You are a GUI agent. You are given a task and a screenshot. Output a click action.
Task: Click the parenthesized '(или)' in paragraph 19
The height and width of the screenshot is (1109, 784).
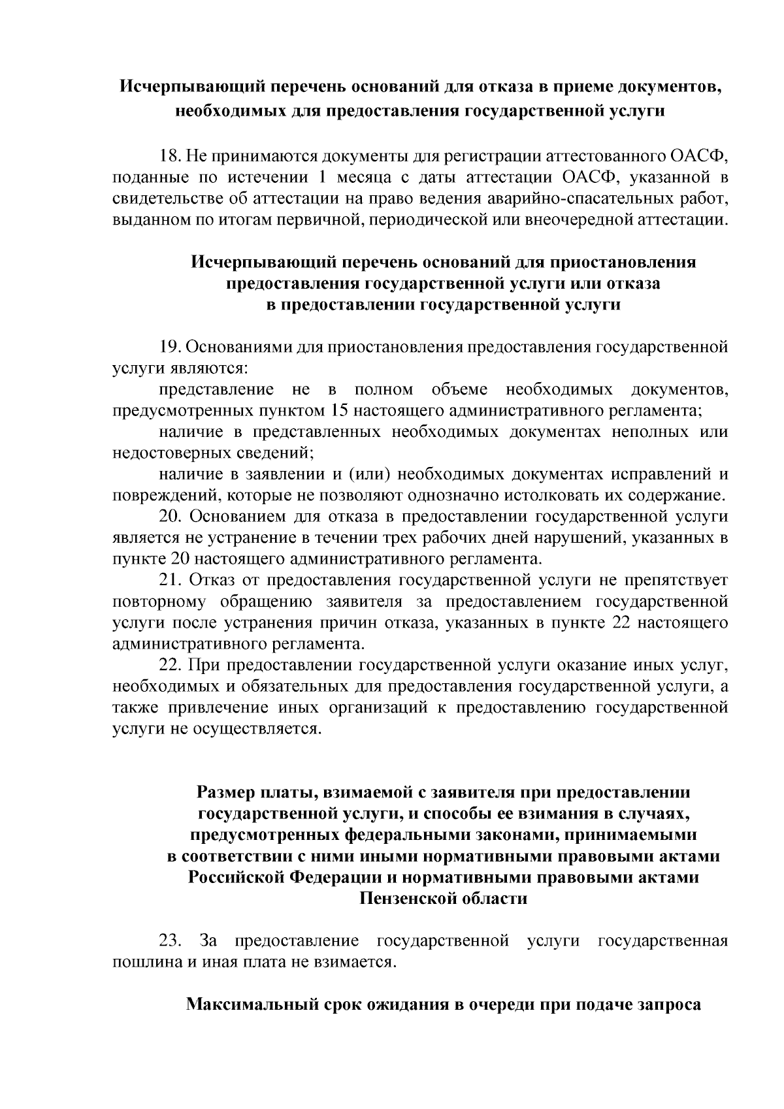point(369,474)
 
